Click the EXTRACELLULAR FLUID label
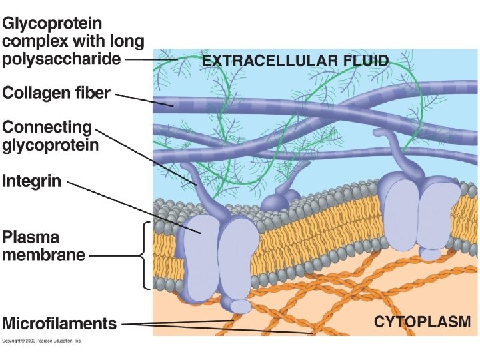pyautogui.click(x=295, y=61)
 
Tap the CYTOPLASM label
pyautogui.click(x=421, y=322)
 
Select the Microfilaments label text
pyautogui.click(x=59, y=324)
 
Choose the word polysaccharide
pyautogui.click(x=62, y=59)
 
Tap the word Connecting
pyautogui.click(x=47, y=127)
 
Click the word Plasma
pyautogui.click(x=31, y=237)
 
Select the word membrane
pyautogui.click(x=44, y=254)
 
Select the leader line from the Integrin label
pyautogui.click(x=133, y=206)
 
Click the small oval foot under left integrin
pyautogui.click(x=241, y=306)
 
